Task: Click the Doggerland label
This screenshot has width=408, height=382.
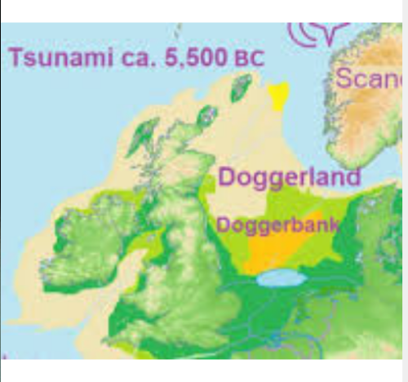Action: [x=290, y=177]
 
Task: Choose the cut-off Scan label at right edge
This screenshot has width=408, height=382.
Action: [x=370, y=79]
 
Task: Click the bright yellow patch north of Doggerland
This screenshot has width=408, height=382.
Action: [x=280, y=95]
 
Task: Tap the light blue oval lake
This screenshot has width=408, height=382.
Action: [x=280, y=279]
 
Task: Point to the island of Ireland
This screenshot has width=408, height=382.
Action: [x=82, y=237]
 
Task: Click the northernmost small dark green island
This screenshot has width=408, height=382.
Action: [x=242, y=87]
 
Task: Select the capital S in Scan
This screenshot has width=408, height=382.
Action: [x=344, y=79]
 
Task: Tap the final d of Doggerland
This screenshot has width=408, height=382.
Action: [x=353, y=176]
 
